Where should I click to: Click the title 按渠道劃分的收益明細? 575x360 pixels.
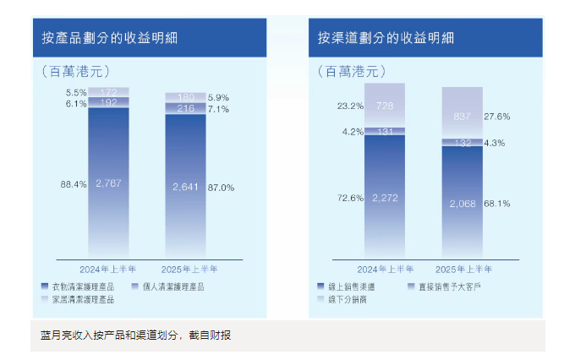coord(386,38)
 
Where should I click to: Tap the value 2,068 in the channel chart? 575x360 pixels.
coord(462,204)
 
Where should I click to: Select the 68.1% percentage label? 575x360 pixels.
coord(497,204)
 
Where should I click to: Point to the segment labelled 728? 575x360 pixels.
coord(385,106)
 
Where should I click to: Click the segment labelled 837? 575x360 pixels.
coord(462,115)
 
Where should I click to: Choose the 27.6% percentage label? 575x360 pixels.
coord(497,115)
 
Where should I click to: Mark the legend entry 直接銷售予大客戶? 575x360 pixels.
coord(447,286)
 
